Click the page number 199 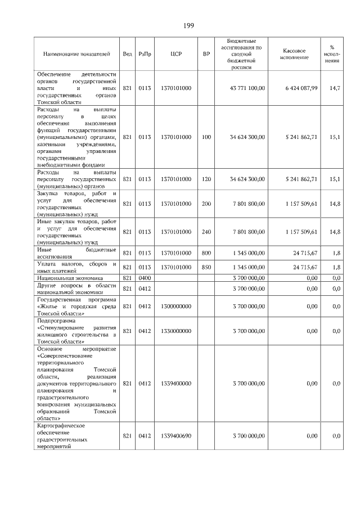click(188, 26)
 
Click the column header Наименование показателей click(76, 54)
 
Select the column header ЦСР click(175, 54)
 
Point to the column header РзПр click(145, 54)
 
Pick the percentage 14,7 click(335, 88)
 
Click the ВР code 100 click(206, 137)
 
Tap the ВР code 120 click(206, 179)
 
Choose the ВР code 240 click(206, 232)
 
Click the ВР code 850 click(206, 267)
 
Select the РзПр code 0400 click(145, 278)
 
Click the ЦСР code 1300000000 click(175, 306)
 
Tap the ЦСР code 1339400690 click(175, 436)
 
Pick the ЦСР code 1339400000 click(175, 383)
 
